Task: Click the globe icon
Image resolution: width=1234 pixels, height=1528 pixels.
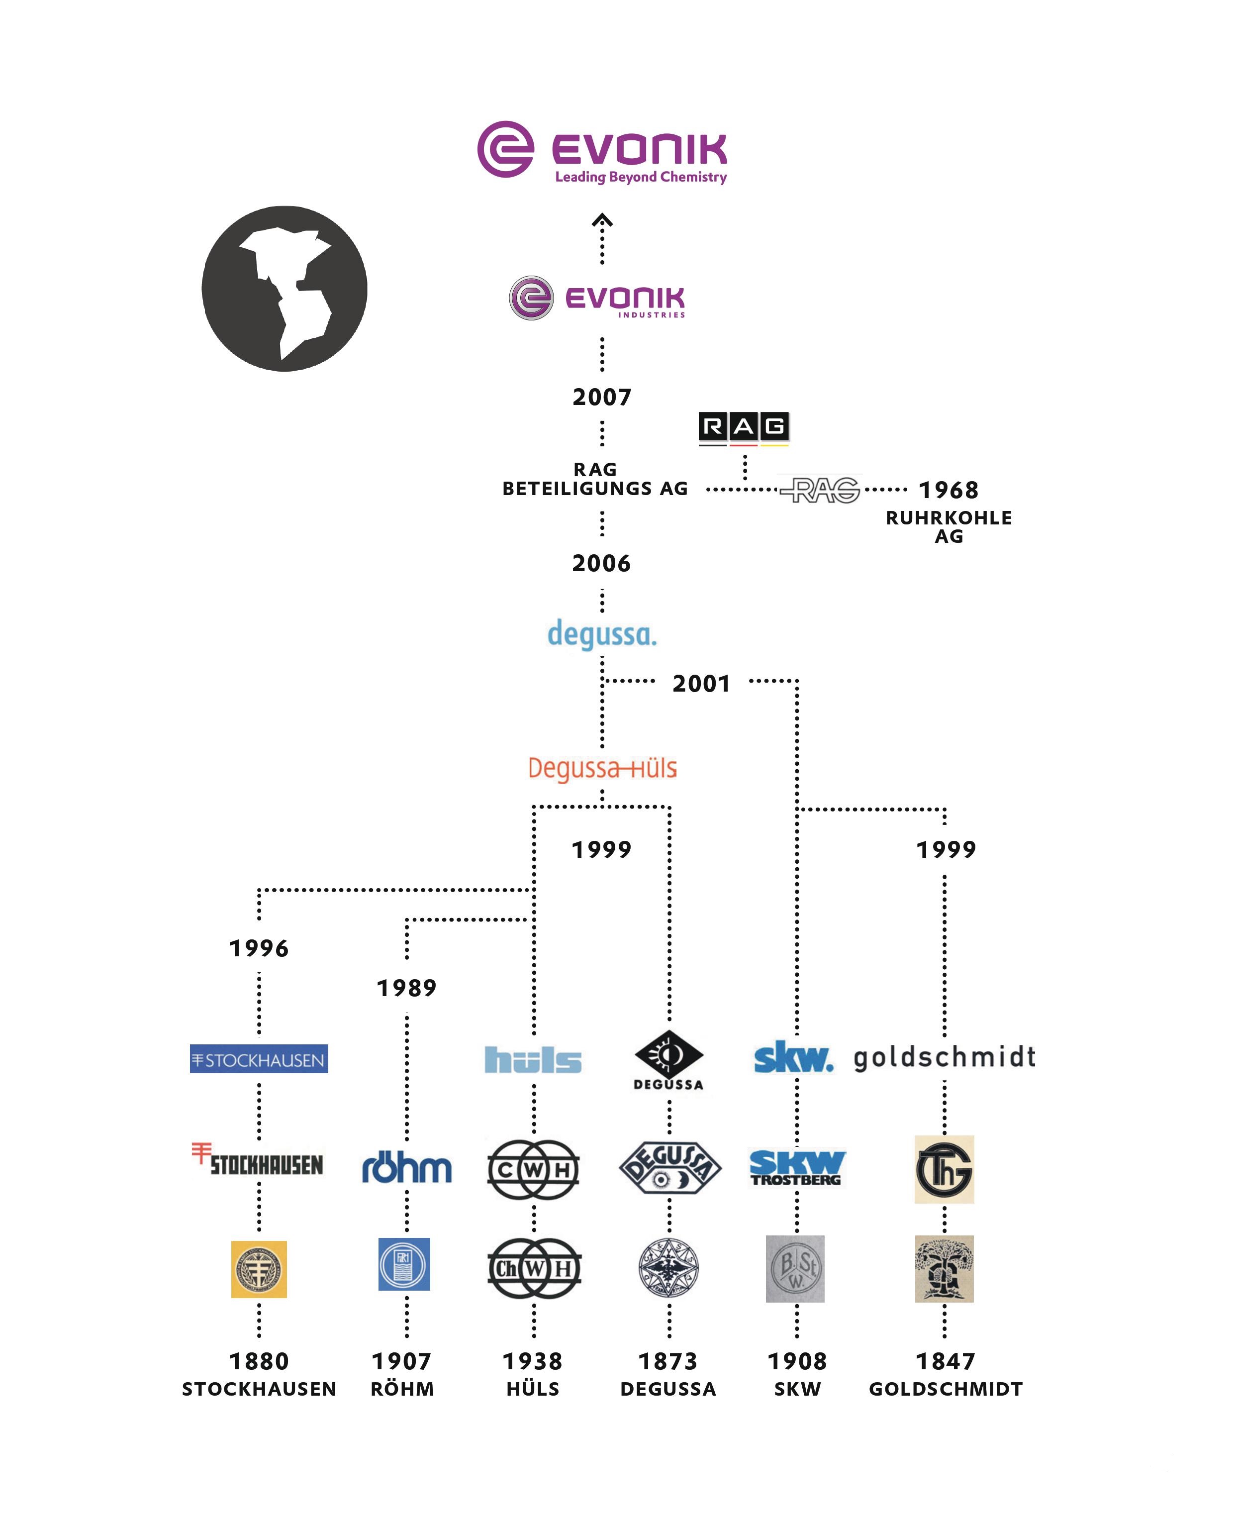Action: (285, 289)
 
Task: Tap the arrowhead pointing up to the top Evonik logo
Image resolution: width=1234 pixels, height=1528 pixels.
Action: (602, 220)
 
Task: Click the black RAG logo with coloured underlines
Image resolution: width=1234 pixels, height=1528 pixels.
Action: (744, 428)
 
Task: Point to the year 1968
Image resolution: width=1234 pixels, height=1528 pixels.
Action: (949, 490)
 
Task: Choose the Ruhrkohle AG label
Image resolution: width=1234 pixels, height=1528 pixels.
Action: (949, 527)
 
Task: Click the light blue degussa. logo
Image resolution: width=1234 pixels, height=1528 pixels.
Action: (602, 634)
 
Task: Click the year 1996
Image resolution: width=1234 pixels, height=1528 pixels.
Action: (259, 948)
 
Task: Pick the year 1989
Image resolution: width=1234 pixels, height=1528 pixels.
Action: (406, 988)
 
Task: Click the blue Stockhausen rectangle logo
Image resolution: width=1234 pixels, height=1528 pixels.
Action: (259, 1059)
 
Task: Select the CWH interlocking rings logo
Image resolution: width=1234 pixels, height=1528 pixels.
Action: (533, 1170)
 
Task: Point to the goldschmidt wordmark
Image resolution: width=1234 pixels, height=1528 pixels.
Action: (944, 1058)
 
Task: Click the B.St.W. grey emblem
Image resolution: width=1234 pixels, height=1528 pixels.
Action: (795, 1269)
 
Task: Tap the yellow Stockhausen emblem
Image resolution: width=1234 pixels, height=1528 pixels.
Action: (259, 1269)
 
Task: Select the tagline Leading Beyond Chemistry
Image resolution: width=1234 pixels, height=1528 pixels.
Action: (641, 177)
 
